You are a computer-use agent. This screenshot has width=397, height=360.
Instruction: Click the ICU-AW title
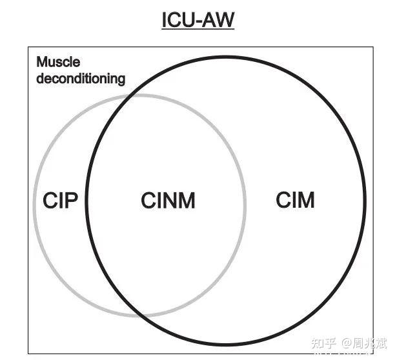(198, 21)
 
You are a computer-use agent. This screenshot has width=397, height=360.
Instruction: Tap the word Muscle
(58, 63)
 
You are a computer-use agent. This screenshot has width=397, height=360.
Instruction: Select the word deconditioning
(81, 79)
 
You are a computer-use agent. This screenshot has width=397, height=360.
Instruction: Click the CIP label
(61, 201)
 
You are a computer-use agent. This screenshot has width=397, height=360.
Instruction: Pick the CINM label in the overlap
(168, 201)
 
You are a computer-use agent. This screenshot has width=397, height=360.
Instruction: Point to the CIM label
(295, 200)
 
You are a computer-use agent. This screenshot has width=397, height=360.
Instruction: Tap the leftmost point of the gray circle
(33, 205)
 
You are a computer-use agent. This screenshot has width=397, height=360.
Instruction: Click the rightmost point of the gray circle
(245, 205)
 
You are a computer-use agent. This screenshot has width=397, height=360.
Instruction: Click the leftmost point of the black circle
(86, 205)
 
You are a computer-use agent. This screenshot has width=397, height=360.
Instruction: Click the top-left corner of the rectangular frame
(28, 47)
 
